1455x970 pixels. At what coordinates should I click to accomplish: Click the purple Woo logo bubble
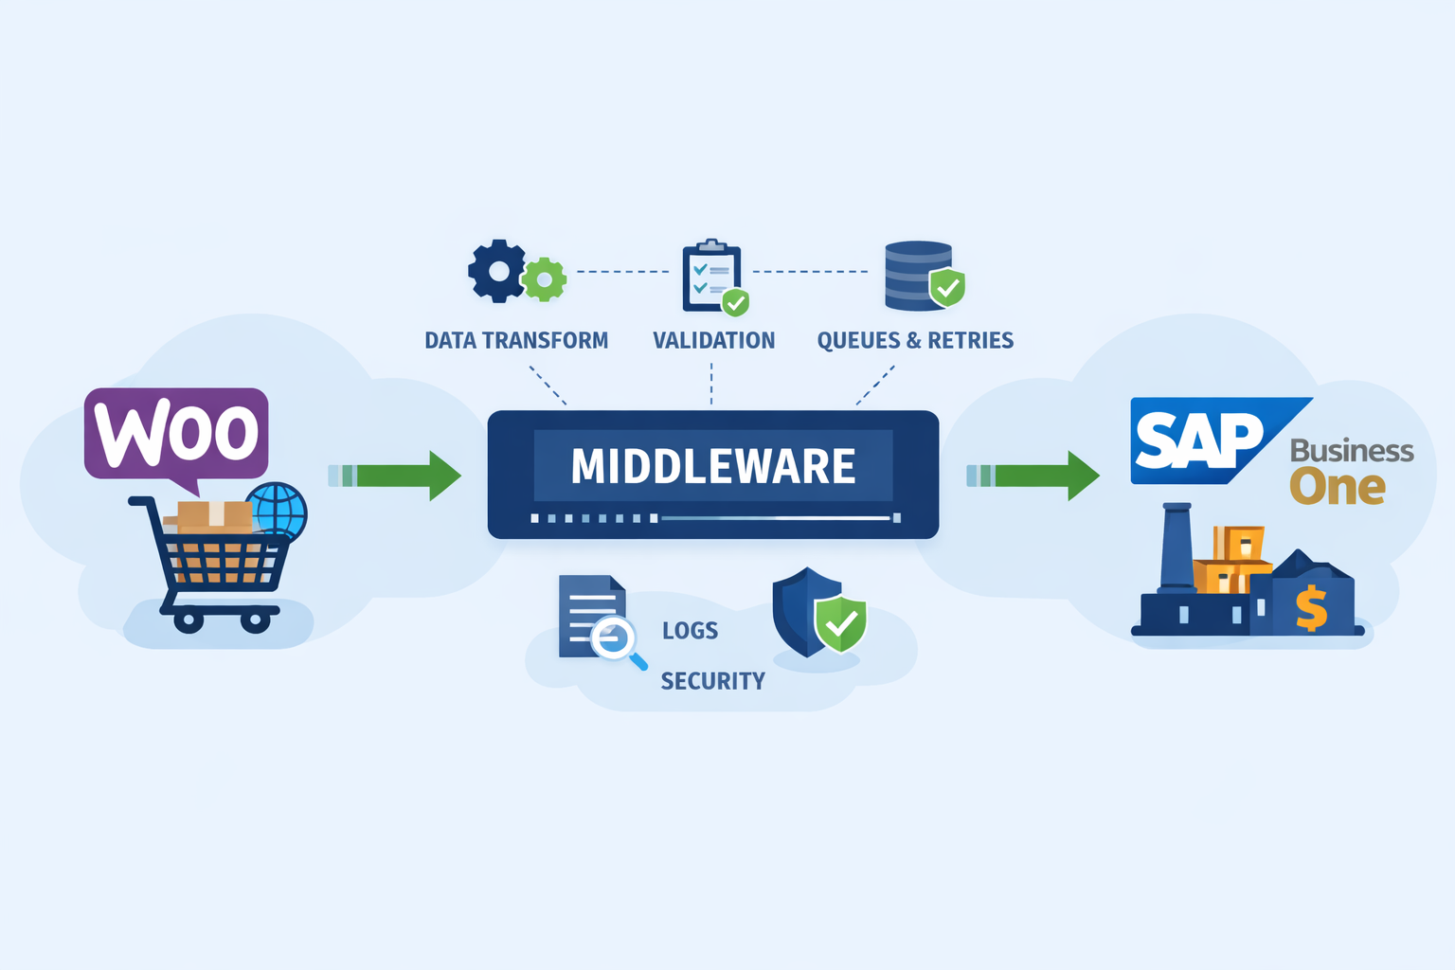coord(176,433)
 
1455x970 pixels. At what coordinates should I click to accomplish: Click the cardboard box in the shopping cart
coord(214,516)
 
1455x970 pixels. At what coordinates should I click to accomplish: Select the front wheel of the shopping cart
coord(255,620)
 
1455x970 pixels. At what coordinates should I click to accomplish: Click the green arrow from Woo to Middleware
coord(398,476)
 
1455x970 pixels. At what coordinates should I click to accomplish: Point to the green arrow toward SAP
coord(1036,476)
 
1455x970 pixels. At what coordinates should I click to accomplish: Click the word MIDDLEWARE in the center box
coord(712,466)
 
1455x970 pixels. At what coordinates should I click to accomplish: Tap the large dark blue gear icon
coord(496,271)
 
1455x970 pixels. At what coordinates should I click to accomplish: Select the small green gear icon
coord(545,279)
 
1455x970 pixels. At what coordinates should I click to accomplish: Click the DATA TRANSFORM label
coord(516,341)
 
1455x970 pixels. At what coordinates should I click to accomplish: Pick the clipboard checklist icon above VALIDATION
coord(710,277)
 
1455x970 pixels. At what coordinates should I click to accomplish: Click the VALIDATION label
coord(713,341)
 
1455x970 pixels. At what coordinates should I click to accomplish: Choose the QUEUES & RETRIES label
coord(915,341)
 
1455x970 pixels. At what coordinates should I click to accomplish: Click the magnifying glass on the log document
coord(614,639)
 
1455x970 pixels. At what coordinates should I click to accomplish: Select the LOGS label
coord(690,631)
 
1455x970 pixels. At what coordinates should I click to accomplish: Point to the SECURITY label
coord(712,681)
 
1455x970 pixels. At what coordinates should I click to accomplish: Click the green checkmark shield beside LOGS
coord(839,623)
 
